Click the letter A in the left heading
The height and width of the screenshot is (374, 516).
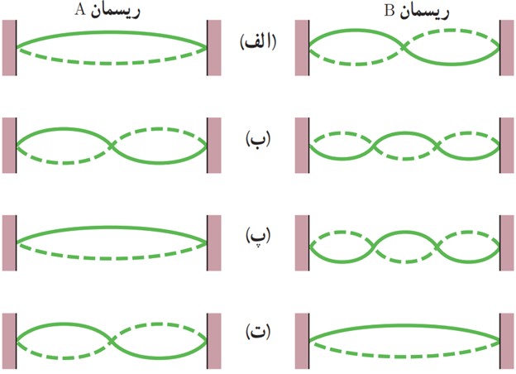point(80,10)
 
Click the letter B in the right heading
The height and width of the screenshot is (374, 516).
point(389,11)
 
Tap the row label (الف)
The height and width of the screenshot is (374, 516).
point(258,42)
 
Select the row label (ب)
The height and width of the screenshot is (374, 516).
point(258,139)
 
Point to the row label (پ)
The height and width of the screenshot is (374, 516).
point(258,236)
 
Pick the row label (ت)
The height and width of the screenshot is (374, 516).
point(258,332)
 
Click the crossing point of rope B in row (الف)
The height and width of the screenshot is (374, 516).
point(404,47)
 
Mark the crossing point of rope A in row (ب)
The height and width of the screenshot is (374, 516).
point(112,145)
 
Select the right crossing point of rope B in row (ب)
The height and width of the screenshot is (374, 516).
point(437,146)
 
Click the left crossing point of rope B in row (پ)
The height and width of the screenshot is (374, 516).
point(374,246)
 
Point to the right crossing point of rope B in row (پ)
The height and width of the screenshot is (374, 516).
point(437,246)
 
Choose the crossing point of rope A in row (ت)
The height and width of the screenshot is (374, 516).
point(112,341)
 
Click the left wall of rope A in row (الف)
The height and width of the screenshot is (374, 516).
point(10,48)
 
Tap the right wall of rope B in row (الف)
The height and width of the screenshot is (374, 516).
point(506,48)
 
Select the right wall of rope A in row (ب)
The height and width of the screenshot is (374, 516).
point(214,145)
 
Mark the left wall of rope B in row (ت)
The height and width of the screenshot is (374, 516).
point(302,341)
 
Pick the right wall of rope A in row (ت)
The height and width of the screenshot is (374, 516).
point(214,341)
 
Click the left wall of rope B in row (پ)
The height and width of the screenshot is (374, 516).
point(302,243)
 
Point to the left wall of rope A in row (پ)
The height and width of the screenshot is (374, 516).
point(10,243)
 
